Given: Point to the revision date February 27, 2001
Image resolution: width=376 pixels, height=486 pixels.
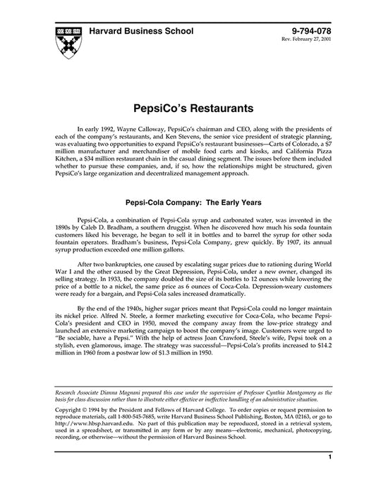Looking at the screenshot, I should tap(307, 42).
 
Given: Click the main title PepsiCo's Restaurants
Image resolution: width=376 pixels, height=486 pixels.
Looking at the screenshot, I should tap(188, 111).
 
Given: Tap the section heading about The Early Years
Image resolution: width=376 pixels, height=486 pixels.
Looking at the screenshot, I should tap(188, 201).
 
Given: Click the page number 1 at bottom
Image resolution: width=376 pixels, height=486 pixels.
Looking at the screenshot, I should tap(329, 478).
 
